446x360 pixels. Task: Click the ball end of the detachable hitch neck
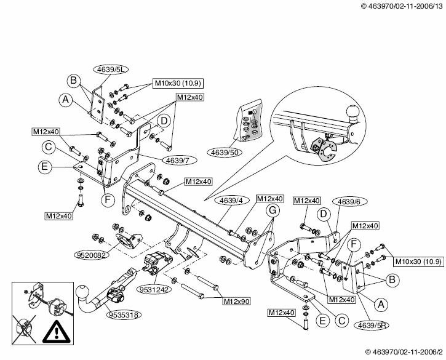click(x=82, y=294)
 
